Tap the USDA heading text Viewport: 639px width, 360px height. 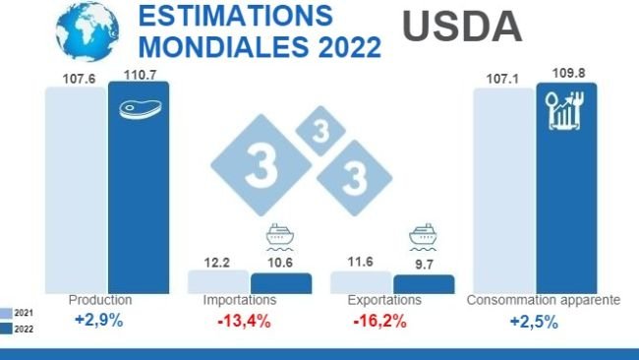(x=462, y=27)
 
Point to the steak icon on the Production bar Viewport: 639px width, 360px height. (x=138, y=107)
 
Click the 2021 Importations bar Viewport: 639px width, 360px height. (x=217, y=281)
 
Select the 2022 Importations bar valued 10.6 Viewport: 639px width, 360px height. (x=280, y=282)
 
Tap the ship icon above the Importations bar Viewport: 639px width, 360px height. (x=281, y=239)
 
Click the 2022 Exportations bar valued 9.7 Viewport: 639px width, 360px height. (x=424, y=283)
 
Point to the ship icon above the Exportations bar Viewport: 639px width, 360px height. (x=424, y=240)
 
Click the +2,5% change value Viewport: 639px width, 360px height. (x=536, y=321)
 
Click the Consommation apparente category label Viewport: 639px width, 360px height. (x=543, y=300)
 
